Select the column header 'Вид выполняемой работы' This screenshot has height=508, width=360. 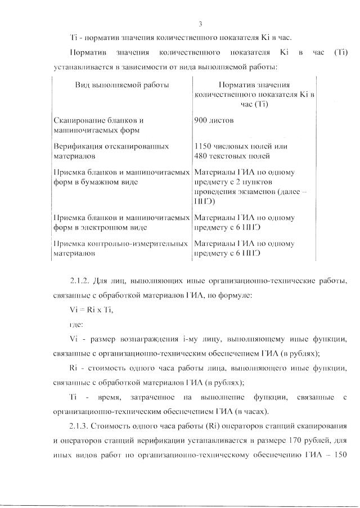[122, 85]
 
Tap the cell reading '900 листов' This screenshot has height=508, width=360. [214, 120]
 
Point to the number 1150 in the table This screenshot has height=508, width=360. [204, 146]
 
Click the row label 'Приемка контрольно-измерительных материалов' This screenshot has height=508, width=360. [120, 248]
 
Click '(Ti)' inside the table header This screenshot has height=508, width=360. [256, 105]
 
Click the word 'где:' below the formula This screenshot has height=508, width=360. [76, 325]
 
